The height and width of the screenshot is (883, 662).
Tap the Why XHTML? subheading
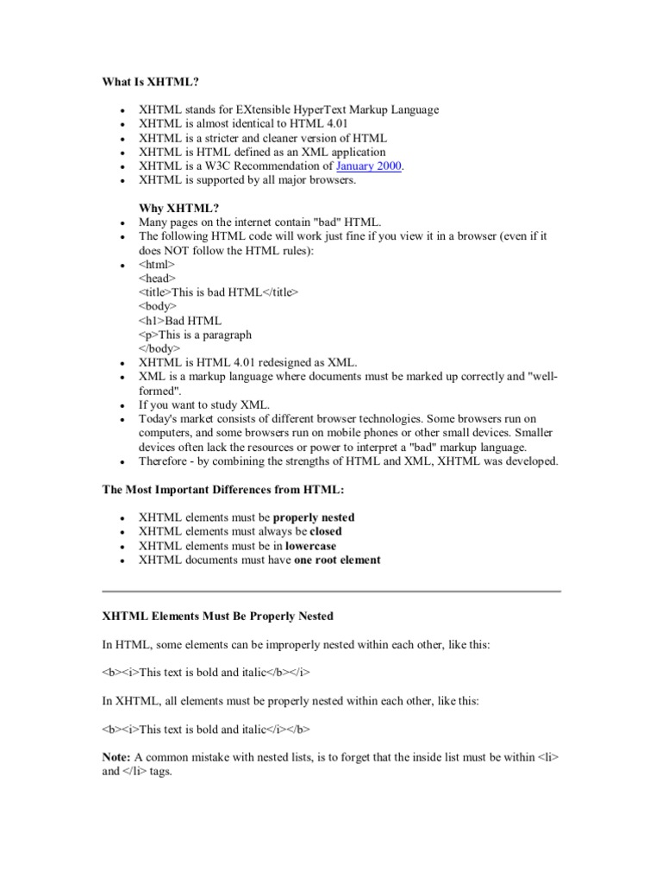point(179,208)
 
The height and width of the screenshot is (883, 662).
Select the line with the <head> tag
point(157,279)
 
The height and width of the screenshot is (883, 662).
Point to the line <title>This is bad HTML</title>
point(218,292)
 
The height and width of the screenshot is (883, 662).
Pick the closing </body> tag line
point(159,348)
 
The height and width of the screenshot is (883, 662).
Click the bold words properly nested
point(314,517)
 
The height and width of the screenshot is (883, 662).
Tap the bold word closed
point(326,531)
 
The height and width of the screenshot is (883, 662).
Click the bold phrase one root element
point(337,560)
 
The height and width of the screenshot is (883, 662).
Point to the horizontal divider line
point(331,592)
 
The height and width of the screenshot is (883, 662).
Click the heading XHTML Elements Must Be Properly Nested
point(217,617)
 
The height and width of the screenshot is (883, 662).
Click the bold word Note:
point(116,756)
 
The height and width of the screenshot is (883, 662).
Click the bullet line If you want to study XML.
point(204,404)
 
